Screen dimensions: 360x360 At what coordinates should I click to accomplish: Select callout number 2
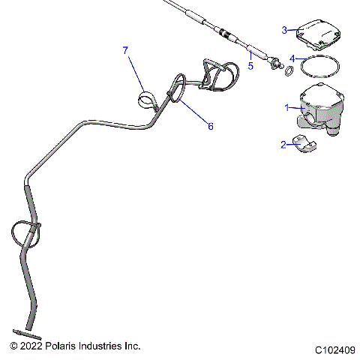point(283,144)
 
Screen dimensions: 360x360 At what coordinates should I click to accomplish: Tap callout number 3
point(284,30)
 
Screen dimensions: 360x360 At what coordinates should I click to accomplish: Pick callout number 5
point(250,66)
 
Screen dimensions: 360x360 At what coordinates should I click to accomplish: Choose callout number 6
point(210,127)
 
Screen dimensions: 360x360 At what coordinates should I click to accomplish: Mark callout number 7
point(125,50)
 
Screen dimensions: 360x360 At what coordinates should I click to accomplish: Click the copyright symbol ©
point(13,346)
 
